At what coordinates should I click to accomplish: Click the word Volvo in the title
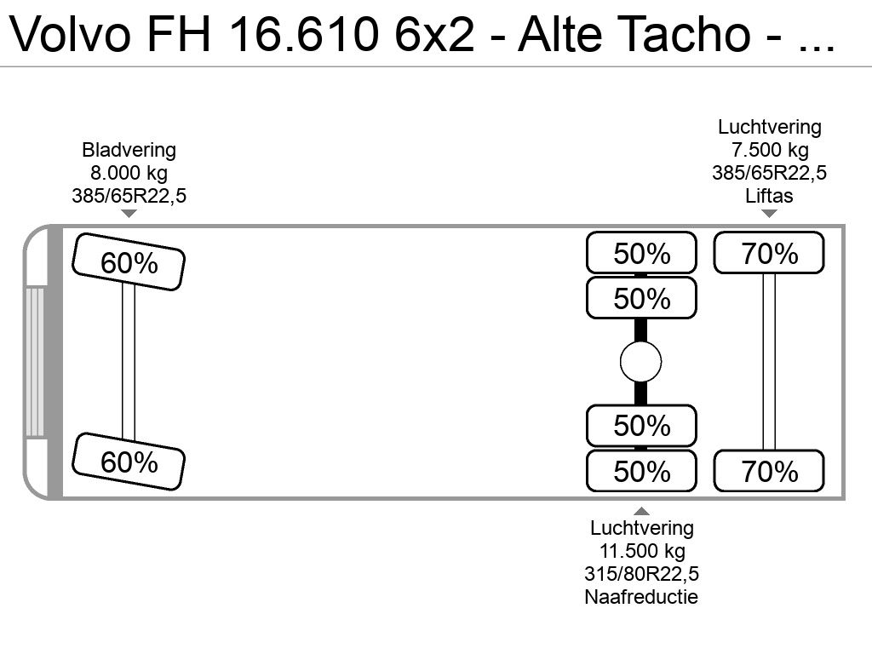70,34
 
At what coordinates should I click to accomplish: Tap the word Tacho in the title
689,34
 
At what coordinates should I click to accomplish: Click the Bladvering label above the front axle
129,150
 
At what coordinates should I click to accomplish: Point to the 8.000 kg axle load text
129,173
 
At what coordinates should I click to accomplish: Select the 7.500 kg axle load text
770,150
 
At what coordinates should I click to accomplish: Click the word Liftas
769,196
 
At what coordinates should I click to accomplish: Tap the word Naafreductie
641,597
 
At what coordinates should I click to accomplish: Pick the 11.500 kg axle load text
642,551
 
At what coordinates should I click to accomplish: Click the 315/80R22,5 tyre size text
642,574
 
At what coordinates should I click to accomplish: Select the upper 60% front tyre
129,262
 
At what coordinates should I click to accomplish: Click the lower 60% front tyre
129,462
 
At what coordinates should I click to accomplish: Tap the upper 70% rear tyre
769,253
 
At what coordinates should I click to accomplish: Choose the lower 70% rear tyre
769,471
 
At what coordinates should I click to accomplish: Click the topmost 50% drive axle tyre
642,253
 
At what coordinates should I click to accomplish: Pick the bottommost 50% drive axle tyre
642,471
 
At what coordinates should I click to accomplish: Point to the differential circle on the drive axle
640,362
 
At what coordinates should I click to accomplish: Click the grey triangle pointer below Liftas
769,214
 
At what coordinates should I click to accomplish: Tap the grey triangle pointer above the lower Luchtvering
642,511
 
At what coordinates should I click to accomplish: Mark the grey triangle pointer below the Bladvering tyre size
129,214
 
